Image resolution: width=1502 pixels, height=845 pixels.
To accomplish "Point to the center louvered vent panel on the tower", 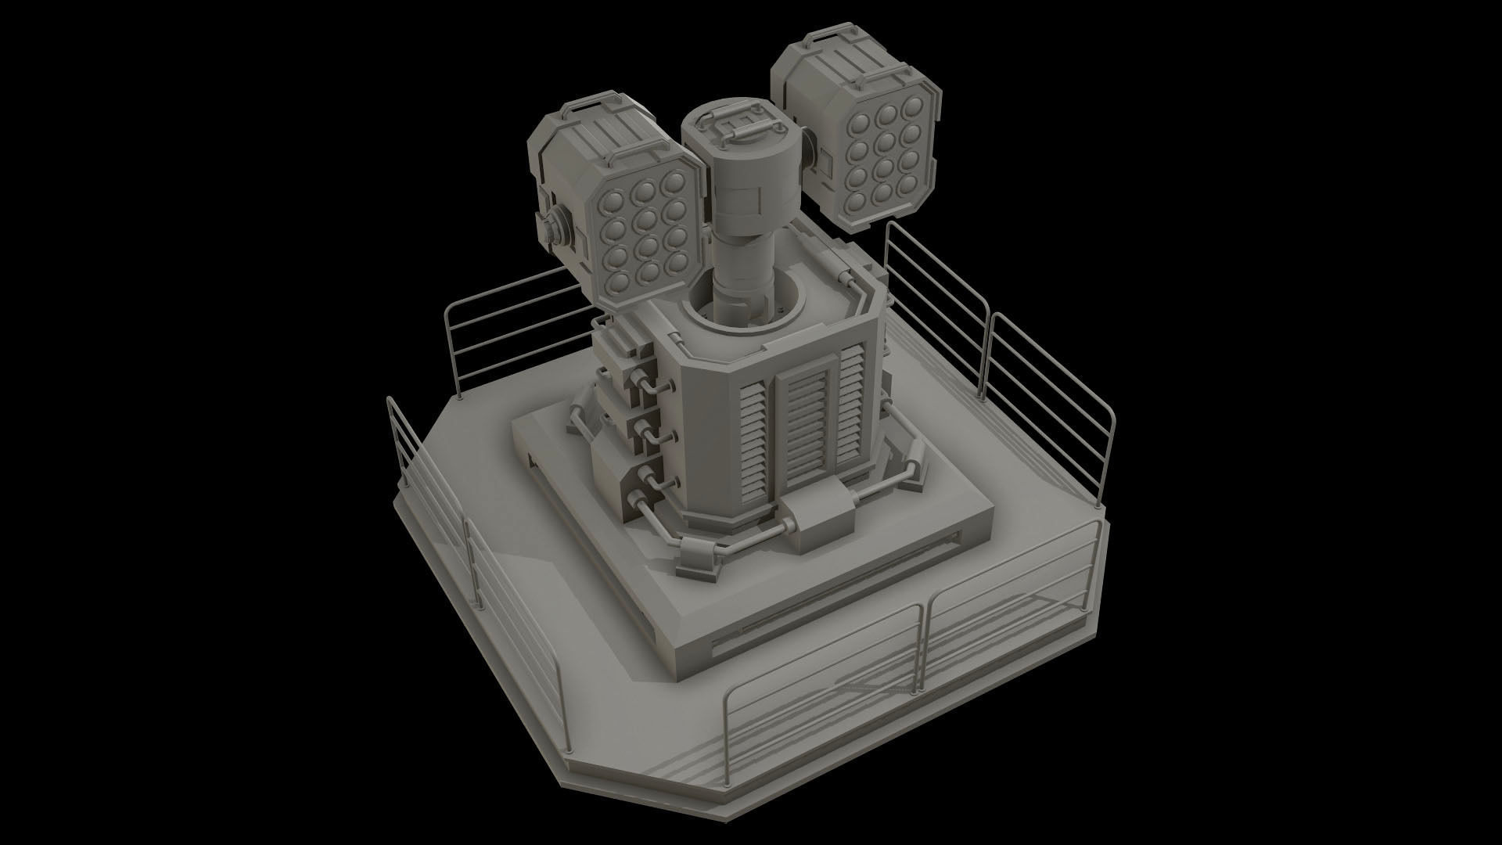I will point(806,423).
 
